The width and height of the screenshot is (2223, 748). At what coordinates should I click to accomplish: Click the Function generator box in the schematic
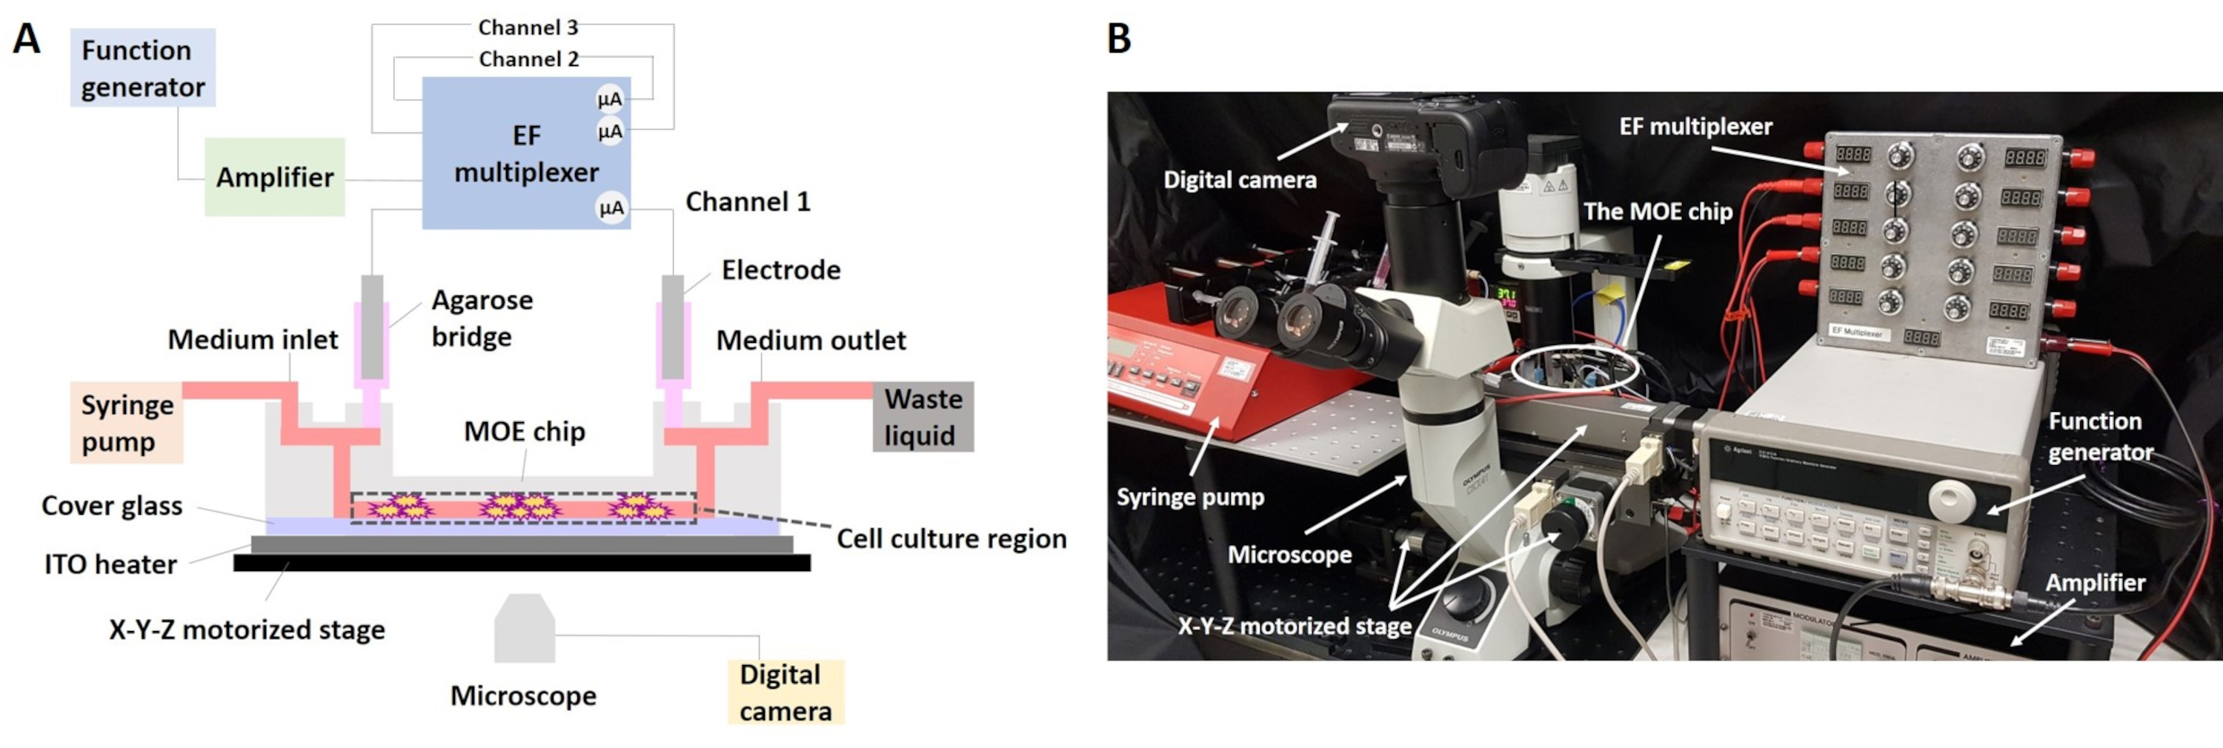coord(142,68)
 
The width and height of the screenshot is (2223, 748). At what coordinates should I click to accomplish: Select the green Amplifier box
coord(274,177)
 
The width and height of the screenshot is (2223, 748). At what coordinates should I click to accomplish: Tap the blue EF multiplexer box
coord(525,153)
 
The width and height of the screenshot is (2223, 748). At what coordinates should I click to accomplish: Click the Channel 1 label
coord(748,202)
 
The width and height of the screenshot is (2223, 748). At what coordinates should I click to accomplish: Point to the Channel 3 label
coord(528,27)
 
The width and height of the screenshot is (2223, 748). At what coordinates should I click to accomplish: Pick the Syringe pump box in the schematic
coord(127,423)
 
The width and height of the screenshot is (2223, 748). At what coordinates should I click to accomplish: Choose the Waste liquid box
coord(923,417)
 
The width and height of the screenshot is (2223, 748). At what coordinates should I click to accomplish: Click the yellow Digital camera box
coord(785,692)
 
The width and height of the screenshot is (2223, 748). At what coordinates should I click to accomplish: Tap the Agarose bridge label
coord(482,318)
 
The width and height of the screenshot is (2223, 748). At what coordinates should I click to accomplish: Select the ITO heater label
coord(110,564)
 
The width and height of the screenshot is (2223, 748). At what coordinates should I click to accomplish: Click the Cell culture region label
coord(951,539)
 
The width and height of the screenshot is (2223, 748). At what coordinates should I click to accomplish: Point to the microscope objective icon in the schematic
coord(524,627)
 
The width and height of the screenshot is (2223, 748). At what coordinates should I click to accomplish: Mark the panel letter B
coord(1118,39)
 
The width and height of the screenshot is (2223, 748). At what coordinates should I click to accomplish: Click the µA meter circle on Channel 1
coord(611,208)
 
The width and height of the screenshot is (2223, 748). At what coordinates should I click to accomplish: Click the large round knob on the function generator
coord(1952,499)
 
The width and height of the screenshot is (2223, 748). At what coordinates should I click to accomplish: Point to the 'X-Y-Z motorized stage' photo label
coord(1295,626)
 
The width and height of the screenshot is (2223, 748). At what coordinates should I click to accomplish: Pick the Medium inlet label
coord(252,340)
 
